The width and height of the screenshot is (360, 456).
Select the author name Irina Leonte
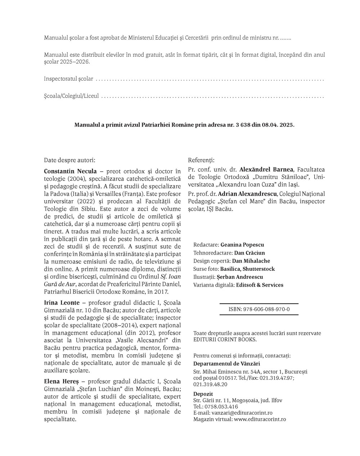pos(62,302)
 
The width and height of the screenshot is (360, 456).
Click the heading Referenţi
pos(201,160)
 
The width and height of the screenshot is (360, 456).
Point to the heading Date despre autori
pos(69,160)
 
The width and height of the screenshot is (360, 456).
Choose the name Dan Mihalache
pos(251,261)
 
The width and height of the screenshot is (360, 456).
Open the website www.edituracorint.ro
pos(260,419)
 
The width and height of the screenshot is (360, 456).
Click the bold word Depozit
pos(203,394)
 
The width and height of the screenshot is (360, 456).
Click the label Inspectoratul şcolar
pos(68,79)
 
